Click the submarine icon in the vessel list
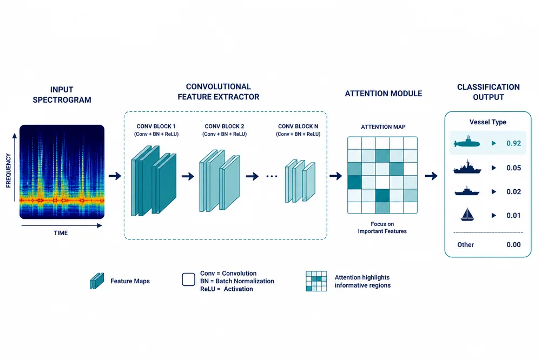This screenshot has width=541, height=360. click(x=467, y=142)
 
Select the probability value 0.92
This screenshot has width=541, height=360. click(x=513, y=143)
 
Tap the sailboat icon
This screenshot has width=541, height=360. click(x=467, y=215)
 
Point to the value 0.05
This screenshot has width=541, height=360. click(x=513, y=168)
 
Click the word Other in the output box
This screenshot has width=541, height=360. click(x=465, y=245)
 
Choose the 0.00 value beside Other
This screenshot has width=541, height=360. click(x=513, y=245)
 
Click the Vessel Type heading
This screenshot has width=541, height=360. click(x=488, y=122)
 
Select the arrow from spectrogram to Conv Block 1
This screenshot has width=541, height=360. click(x=115, y=176)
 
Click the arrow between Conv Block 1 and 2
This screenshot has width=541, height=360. click(x=188, y=177)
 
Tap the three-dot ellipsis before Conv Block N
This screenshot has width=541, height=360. click(x=272, y=177)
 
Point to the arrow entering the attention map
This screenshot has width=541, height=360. click(x=335, y=176)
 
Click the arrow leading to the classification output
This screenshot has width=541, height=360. click(x=431, y=176)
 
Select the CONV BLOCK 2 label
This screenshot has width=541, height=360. click(x=225, y=126)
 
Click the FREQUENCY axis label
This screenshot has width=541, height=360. click(x=9, y=171)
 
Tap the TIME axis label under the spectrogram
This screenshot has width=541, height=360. click(x=61, y=233)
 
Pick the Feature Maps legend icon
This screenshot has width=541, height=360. click(x=97, y=281)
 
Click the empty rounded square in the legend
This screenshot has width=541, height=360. click(x=188, y=279)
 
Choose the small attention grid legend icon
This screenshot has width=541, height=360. click(x=316, y=282)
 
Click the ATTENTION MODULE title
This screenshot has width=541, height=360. click(x=384, y=94)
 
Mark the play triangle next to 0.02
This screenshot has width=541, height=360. click(x=494, y=192)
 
